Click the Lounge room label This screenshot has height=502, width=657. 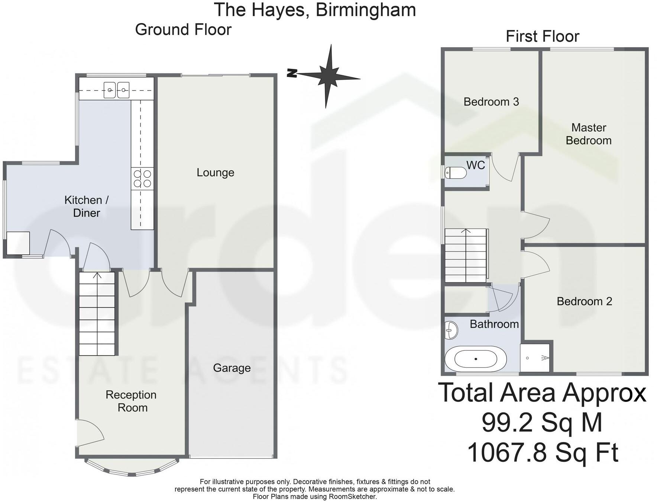(x=215, y=173)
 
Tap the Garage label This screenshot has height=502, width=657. (x=232, y=368)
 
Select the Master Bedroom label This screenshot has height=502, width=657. (x=588, y=134)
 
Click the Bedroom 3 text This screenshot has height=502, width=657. (x=491, y=102)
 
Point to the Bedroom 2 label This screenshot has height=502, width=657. (x=584, y=301)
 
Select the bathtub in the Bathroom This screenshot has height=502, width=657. (x=476, y=359)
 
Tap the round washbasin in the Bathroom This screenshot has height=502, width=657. (x=451, y=330)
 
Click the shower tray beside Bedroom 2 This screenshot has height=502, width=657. (x=534, y=358)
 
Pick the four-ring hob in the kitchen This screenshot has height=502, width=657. (x=142, y=179)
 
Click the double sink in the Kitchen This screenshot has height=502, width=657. (x=116, y=90)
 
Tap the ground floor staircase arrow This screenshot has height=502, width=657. (x=97, y=276)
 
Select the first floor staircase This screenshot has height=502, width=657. (x=466, y=255)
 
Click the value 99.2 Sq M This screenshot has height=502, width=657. (x=542, y=423)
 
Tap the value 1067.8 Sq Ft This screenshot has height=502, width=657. (x=542, y=453)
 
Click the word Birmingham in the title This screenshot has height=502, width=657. (x=366, y=10)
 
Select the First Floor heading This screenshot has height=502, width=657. (x=542, y=36)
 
